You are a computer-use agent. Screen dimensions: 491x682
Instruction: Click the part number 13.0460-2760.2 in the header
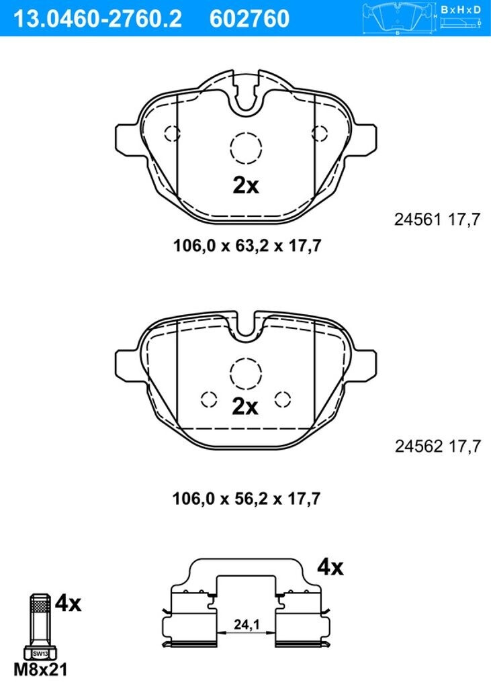(x=97, y=19)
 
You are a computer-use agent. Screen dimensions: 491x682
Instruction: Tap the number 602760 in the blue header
(x=249, y=19)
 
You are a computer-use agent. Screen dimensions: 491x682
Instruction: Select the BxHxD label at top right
(x=461, y=9)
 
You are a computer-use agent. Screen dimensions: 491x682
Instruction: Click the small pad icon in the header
(x=399, y=18)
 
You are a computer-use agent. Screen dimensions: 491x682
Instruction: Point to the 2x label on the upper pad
(x=246, y=186)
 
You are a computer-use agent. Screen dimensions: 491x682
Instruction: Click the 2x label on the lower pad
(x=245, y=407)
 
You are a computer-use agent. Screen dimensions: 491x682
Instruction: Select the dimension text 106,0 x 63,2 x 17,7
(x=247, y=246)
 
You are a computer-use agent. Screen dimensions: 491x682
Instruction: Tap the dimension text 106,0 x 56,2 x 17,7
(x=247, y=499)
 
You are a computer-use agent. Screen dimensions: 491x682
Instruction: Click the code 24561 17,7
(x=437, y=220)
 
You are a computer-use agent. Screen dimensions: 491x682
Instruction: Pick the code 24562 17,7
(x=438, y=446)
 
